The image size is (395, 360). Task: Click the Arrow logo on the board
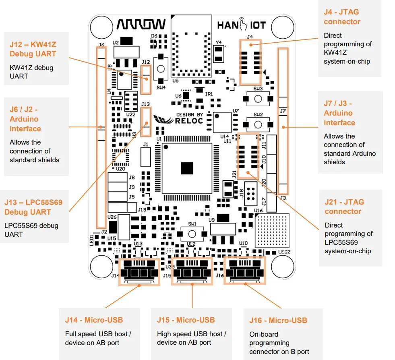tap(141, 25)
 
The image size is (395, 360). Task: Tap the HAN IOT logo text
tap(242, 25)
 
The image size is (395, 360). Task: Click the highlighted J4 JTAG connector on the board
tap(250, 62)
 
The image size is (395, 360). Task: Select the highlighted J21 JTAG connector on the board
tap(248, 156)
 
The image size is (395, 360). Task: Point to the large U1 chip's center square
tap(187, 168)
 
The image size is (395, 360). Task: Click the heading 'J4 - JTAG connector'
tap(342, 17)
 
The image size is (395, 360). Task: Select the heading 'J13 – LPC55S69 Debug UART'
tap(33, 207)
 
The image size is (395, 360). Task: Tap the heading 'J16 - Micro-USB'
tap(278, 321)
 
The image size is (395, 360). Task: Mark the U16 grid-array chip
tap(272, 229)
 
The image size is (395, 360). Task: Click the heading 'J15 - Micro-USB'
tap(186, 320)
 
